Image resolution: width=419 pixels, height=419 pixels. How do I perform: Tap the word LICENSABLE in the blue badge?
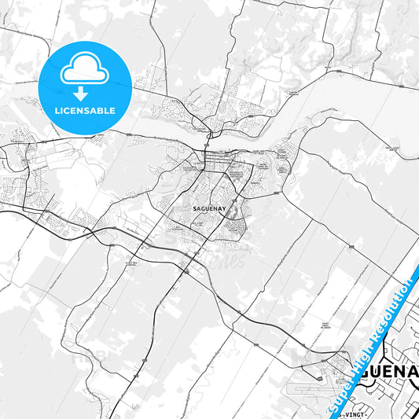pyautogui.click(x=85, y=111)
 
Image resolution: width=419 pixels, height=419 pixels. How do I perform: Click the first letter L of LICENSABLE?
pyautogui.click(x=57, y=111)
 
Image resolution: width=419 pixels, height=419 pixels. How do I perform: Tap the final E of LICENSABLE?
pyautogui.click(x=114, y=111)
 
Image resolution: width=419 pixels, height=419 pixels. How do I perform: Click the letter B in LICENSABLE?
pyautogui.click(x=101, y=111)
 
